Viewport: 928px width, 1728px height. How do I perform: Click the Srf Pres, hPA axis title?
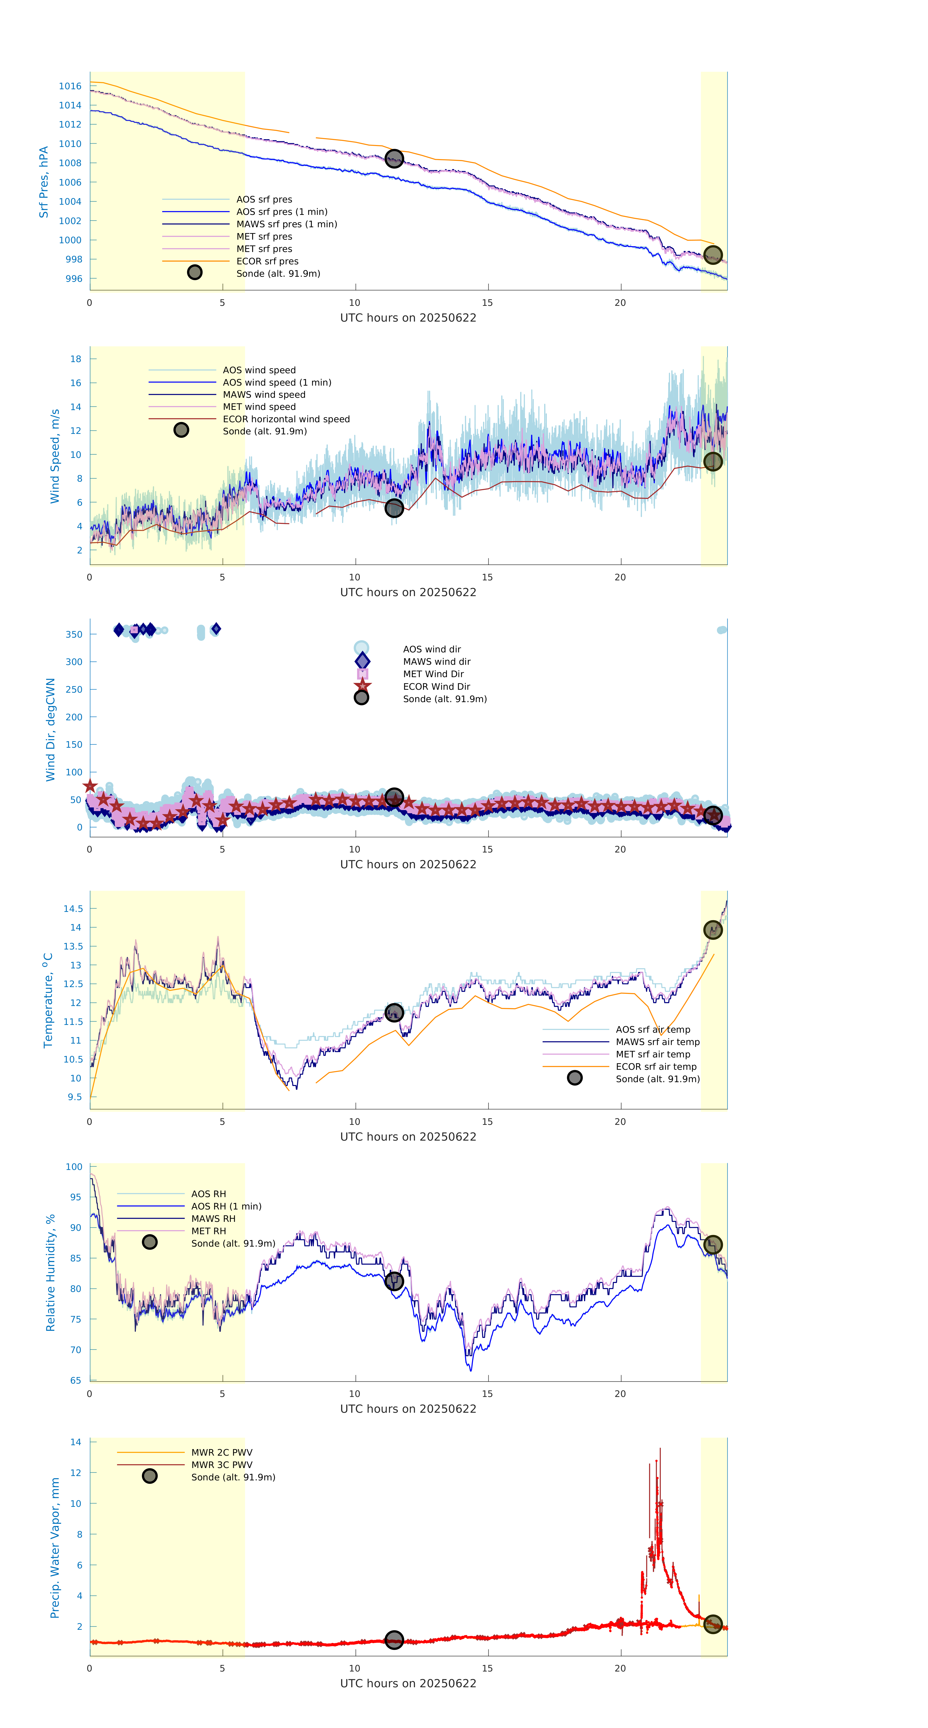coord(44,182)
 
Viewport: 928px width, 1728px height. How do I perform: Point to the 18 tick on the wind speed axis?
coord(76,359)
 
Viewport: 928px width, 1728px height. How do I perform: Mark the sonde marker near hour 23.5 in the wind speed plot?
coord(713,462)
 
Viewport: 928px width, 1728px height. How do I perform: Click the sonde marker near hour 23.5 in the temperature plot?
coord(713,930)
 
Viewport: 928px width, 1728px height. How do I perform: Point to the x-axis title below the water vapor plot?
coord(408,1683)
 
